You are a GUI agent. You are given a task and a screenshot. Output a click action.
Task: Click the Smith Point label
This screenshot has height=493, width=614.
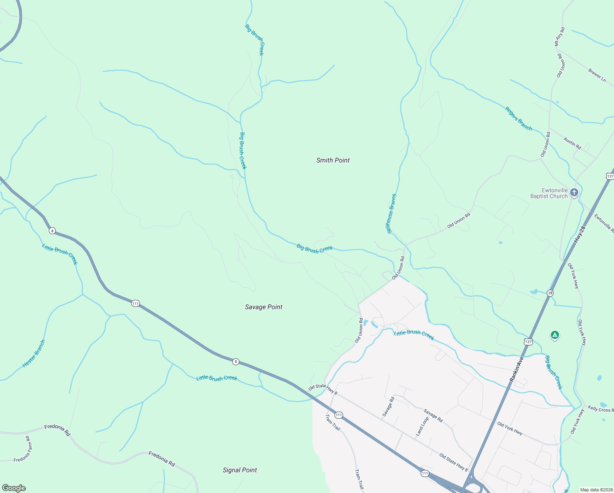point(333,160)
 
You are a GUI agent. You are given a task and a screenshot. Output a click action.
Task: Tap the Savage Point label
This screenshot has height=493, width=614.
point(263,307)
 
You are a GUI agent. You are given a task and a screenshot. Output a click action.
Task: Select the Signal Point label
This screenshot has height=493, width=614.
point(240,470)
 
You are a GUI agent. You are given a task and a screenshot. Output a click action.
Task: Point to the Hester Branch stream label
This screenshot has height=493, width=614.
point(34,354)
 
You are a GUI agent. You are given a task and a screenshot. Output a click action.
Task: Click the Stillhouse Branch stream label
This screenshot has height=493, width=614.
point(392,214)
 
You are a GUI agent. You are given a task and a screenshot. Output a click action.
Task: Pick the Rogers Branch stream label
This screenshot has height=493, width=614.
point(518,119)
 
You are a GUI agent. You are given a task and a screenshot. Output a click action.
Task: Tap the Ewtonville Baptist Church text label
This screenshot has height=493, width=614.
point(549,193)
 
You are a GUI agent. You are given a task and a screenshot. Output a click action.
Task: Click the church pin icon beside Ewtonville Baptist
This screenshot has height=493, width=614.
point(574,192)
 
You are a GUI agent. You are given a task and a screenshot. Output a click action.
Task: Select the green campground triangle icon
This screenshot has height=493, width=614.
point(554,335)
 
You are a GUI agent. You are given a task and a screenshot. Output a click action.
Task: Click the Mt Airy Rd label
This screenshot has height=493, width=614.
point(559,37)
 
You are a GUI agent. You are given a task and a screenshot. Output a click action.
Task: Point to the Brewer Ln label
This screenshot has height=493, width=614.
point(597,75)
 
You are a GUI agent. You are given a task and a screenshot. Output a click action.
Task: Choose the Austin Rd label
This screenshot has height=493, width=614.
point(572,143)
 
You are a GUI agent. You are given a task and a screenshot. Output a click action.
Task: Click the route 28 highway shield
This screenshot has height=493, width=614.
point(550,293)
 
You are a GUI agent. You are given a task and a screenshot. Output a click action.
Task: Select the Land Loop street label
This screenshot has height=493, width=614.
point(422,426)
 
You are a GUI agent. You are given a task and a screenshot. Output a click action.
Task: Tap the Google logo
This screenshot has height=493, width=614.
point(14,488)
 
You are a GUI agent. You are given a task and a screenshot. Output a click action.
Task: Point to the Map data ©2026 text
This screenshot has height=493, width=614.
point(596,490)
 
